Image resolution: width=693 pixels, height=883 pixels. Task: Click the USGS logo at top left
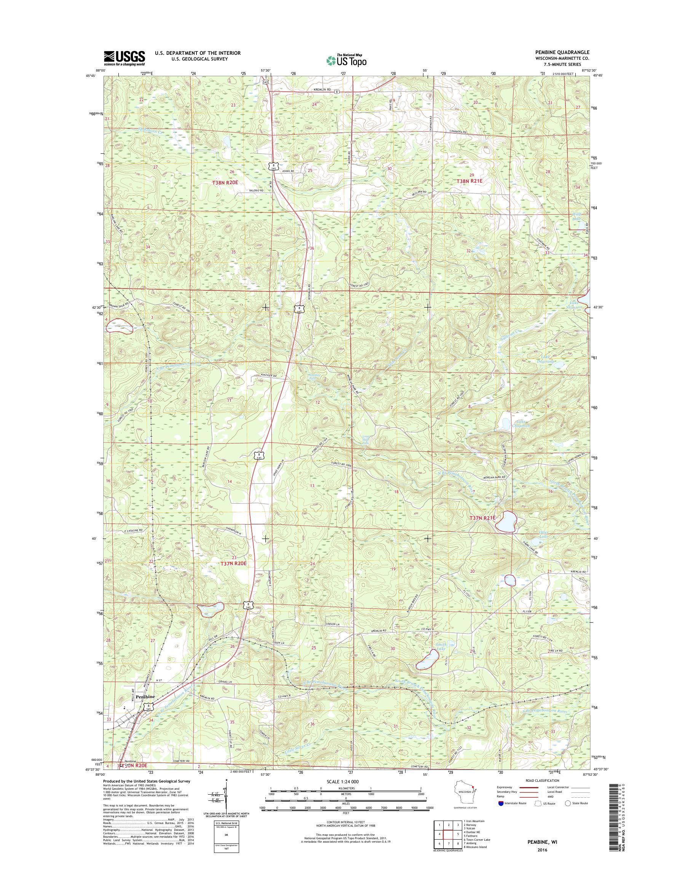tap(124, 58)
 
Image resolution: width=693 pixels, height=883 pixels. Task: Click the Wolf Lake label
tap(577, 215)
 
